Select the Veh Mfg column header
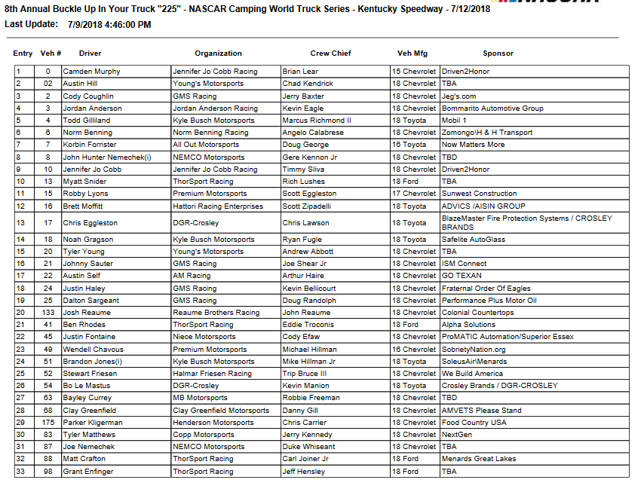pos(414,53)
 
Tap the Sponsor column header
pos(498,53)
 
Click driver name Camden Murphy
pos(91,72)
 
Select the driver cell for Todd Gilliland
pos(87,121)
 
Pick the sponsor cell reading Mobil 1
pos(455,121)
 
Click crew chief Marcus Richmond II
pos(317,121)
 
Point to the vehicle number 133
pos(48,313)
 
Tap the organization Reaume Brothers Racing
pos(216,313)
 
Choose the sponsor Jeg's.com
pos(459,96)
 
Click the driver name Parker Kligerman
pos(93,423)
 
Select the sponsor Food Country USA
pos(474,423)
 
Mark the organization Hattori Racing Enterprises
pos(218,206)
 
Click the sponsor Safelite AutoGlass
pos(474,240)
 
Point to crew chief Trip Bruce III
pos(305,374)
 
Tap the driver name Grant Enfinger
pos(88,472)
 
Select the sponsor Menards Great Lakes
pos(480,459)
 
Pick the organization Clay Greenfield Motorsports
pos(221,411)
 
